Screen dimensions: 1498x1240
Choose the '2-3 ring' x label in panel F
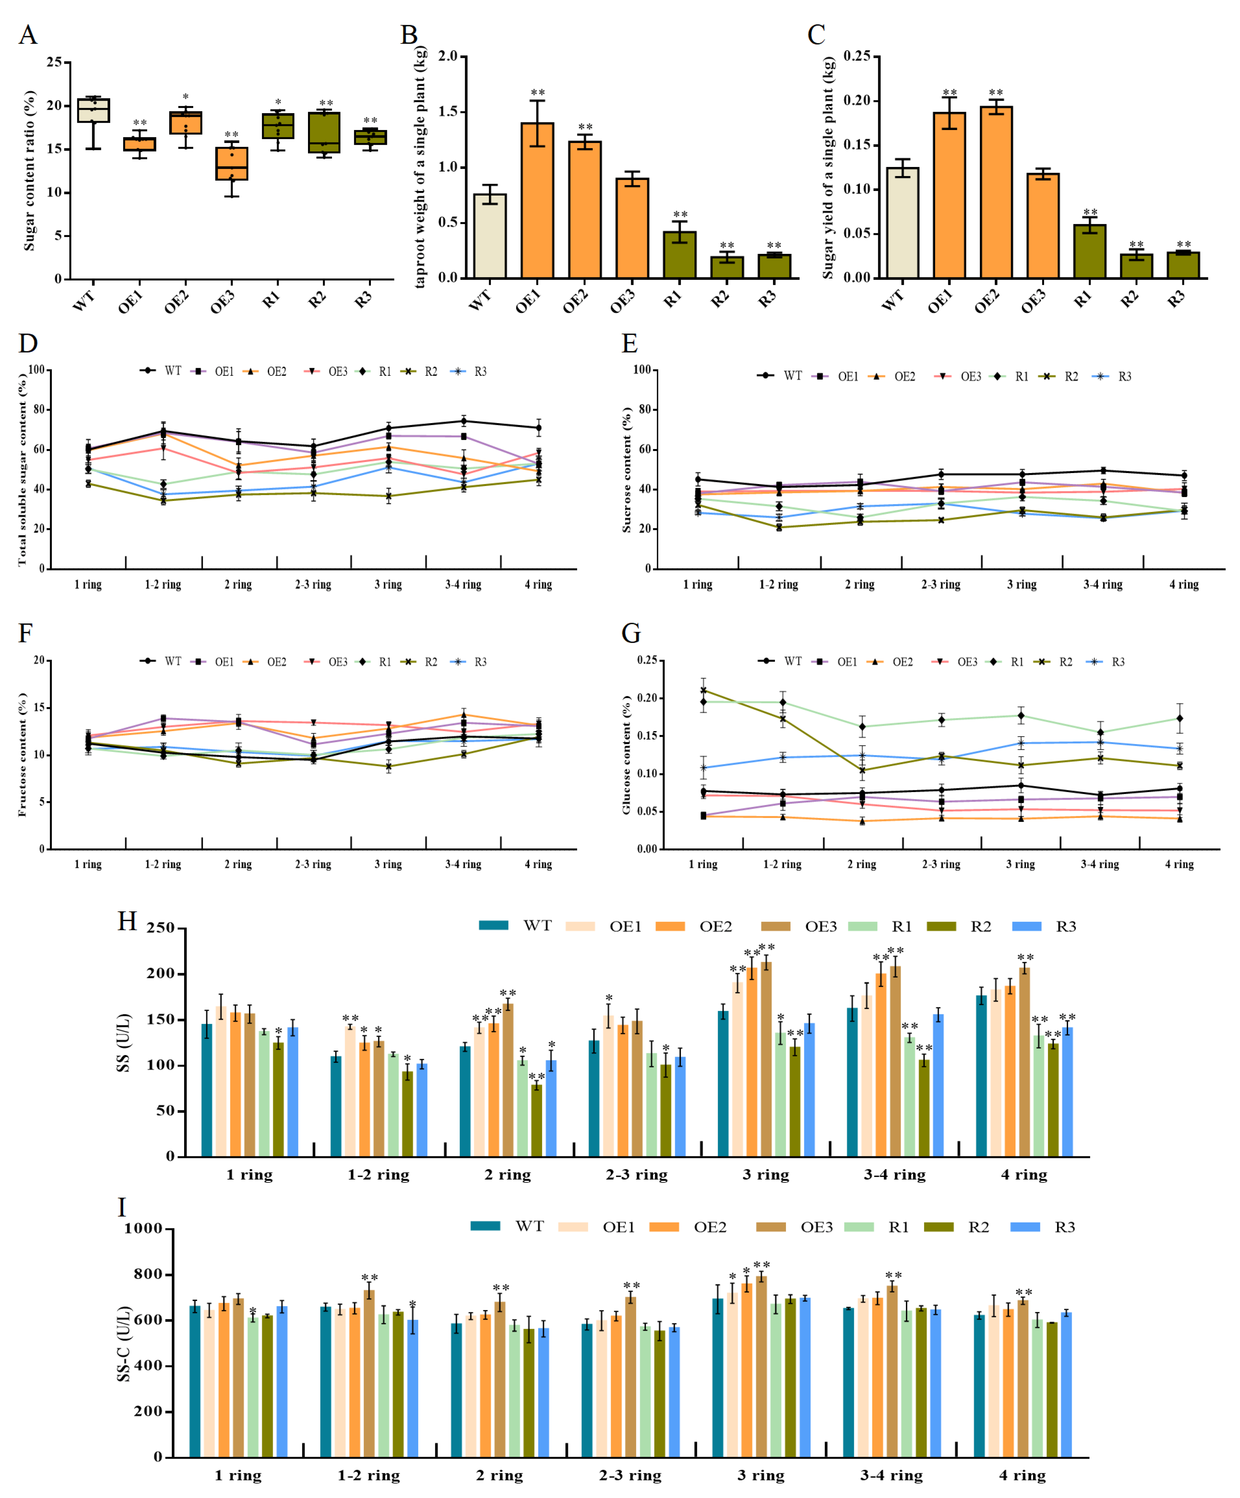click(313, 864)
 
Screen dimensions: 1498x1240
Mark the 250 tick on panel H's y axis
click(160, 928)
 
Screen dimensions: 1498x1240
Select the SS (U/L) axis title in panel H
click(124, 1042)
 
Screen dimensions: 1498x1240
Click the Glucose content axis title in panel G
click(626, 755)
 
